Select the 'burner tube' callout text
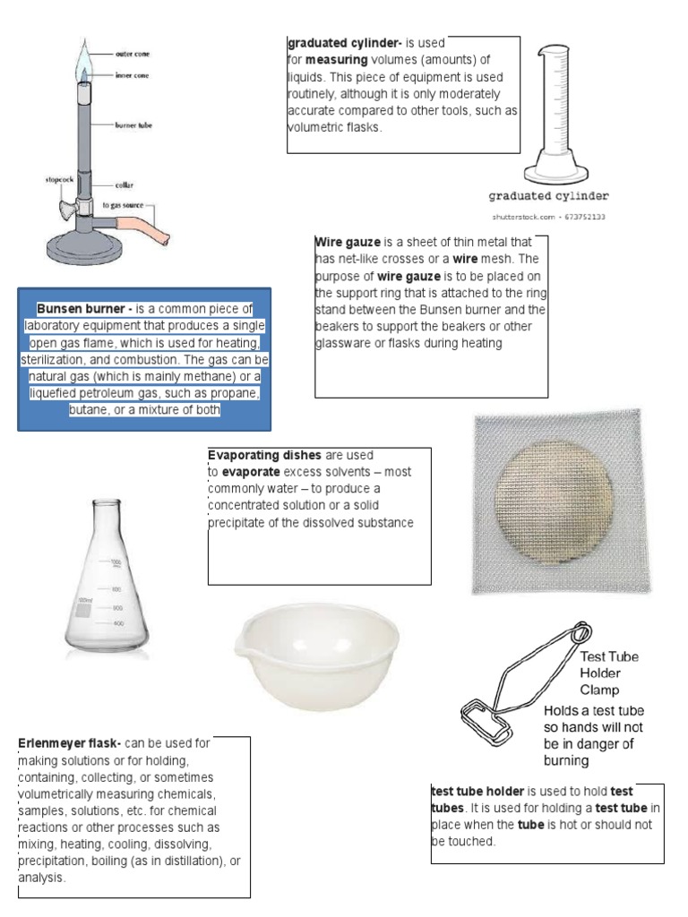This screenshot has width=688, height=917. point(133,125)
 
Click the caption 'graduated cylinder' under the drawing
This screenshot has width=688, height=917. point(548,195)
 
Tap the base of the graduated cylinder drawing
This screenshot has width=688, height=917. point(556,171)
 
